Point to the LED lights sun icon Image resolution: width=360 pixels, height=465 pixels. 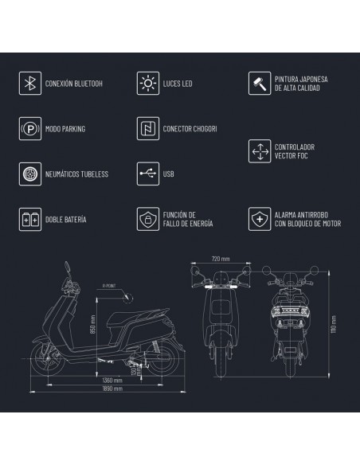(x=147, y=83)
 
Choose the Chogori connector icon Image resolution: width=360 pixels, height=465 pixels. (x=147, y=127)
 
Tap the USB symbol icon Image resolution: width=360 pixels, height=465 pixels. (x=147, y=173)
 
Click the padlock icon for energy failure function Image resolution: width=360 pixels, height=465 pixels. (x=147, y=217)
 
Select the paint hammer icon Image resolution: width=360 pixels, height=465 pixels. (x=260, y=83)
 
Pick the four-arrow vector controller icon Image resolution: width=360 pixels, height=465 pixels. (x=260, y=150)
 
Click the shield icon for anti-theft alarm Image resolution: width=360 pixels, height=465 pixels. (x=260, y=217)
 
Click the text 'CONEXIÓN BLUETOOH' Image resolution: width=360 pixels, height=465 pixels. (x=74, y=83)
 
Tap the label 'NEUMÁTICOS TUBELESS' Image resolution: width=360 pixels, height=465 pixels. (x=78, y=173)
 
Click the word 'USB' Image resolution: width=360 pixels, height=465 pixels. (x=169, y=173)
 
